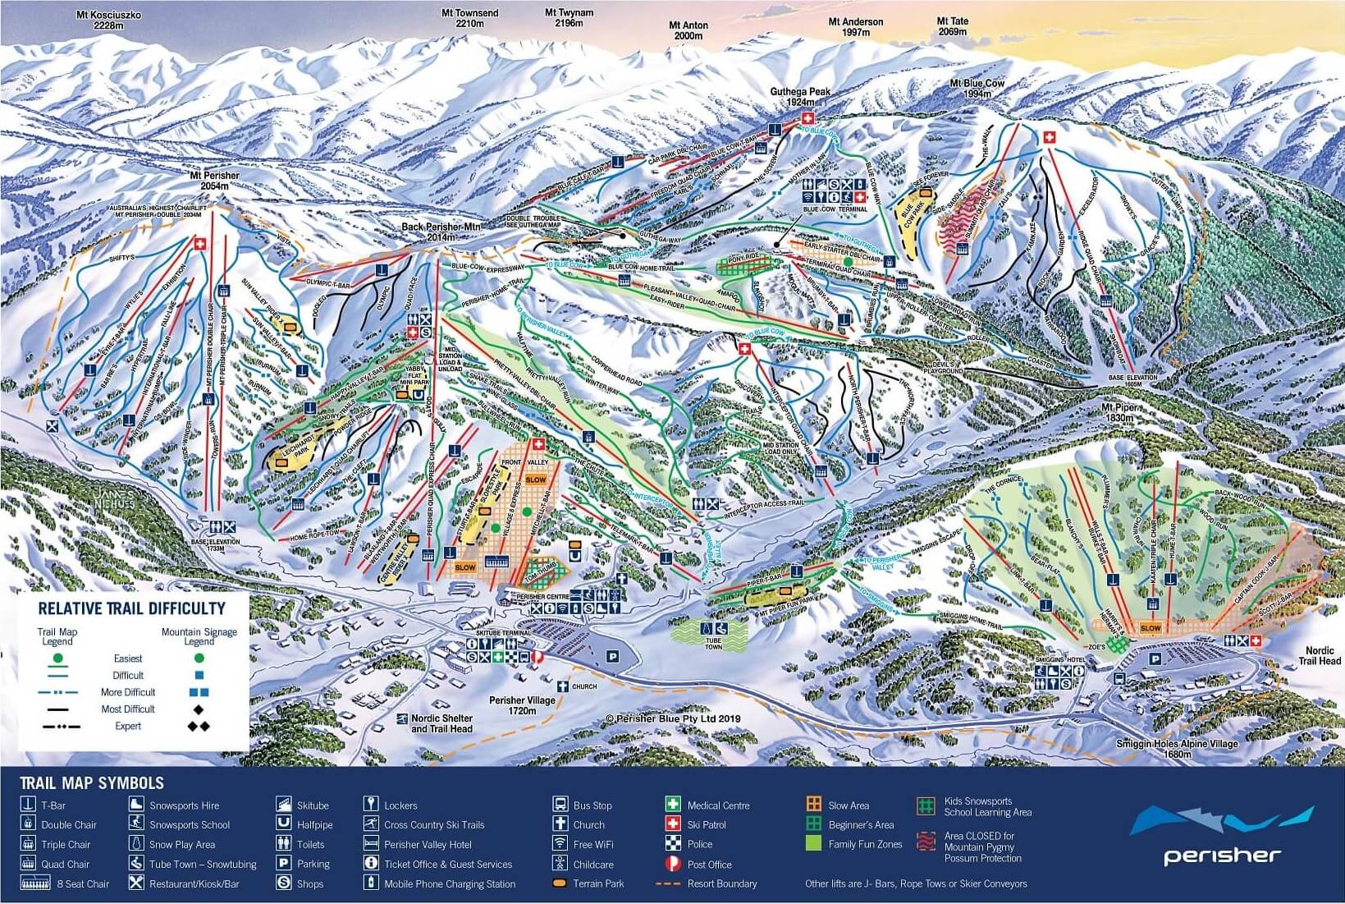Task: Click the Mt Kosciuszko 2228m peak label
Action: [x=109, y=20]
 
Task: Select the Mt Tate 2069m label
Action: [x=953, y=26]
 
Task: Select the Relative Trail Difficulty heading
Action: [x=131, y=608]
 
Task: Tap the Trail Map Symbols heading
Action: [x=92, y=783]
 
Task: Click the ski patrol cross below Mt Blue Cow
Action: [x=1047, y=139]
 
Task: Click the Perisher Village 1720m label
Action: [x=522, y=705]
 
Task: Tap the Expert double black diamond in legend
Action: [x=197, y=727]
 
